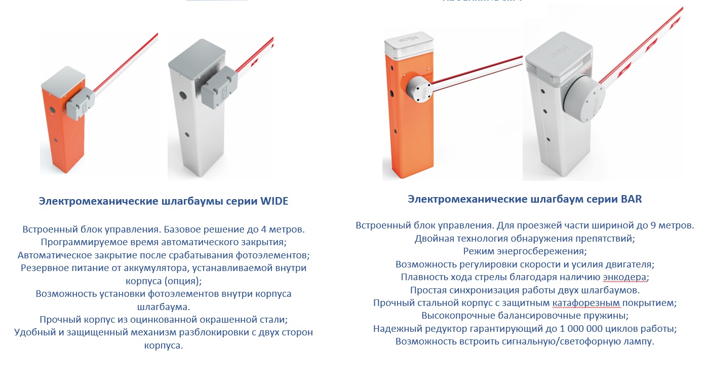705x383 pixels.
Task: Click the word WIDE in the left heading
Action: pyautogui.click(x=274, y=201)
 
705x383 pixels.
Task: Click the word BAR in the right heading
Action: pyautogui.click(x=631, y=199)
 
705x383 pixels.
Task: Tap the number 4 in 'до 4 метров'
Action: pyautogui.click(x=263, y=229)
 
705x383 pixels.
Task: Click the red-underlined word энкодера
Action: pyautogui.click(x=624, y=277)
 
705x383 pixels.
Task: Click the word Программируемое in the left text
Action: pyautogui.click(x=83, y=242)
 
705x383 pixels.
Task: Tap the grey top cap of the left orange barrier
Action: pyautogui.click(x=63, y=78)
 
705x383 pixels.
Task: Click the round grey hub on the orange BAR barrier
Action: pyautogui.click(x=419, y=89)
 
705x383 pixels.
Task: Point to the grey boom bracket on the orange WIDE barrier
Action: pyautogui.click(x=80, y=103)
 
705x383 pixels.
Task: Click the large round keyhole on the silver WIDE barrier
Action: pyautogui.click(x=182, y=94)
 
